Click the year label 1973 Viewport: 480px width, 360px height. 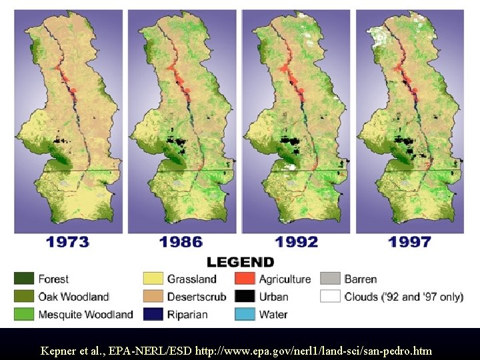click(67, 242)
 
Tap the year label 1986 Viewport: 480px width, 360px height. click(181, 242)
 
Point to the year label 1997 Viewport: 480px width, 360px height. click(409, 242)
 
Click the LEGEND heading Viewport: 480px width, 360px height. click(240, 262)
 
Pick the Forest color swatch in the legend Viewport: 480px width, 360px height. click(24, 279)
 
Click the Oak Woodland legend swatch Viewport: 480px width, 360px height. click(24, 297)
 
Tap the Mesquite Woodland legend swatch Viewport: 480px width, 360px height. click(24, 314)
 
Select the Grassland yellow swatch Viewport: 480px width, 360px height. click(153, 279)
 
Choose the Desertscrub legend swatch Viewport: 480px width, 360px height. click(153, 297)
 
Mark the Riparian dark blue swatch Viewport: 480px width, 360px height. click(153, 314)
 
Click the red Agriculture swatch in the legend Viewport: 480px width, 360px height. click(245, 279)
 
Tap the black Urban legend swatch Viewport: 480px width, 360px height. click(245, 297)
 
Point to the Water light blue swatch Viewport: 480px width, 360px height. click(245, 314)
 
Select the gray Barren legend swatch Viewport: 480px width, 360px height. click(331, 279)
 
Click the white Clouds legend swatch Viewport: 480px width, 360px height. click(331, 297)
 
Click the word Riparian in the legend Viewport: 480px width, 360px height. click(187, 314)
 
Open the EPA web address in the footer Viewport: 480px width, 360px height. click(313, 350)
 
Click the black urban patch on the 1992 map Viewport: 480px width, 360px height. click(291, 141)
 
